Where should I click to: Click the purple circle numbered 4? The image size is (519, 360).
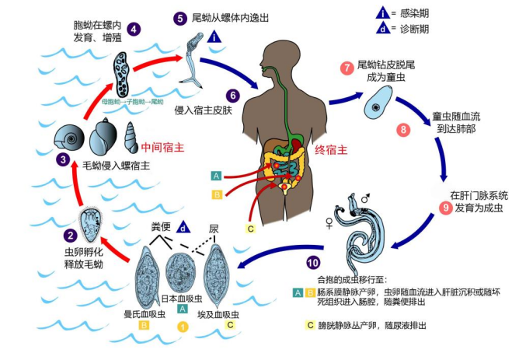click(x=134, y=30)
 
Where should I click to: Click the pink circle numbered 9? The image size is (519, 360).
click(x=445, y=208)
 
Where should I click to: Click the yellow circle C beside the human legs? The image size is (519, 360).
click(x=250, y=228)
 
